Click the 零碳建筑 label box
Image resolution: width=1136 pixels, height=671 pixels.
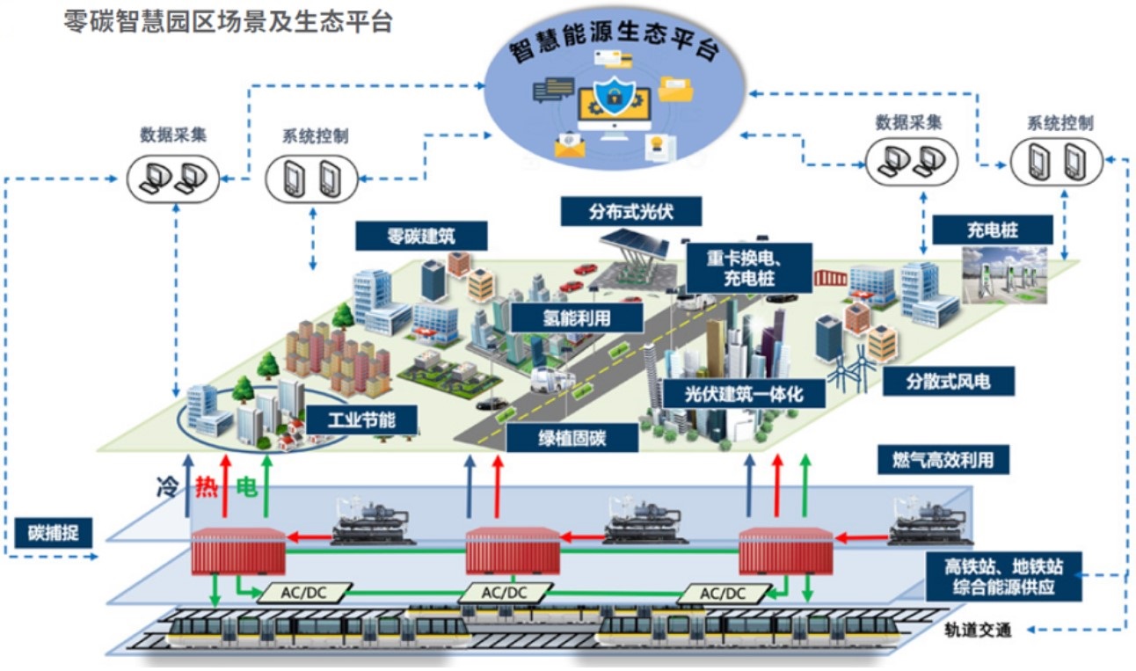(411, 235)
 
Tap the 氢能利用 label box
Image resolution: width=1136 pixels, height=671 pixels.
(576, 317)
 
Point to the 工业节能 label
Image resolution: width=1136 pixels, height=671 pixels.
(361, 419)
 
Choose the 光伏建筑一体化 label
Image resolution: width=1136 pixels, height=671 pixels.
(744, 392)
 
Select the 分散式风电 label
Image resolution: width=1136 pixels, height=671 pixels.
(961, 381)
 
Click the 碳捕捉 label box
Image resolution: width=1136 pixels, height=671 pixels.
(54, 532)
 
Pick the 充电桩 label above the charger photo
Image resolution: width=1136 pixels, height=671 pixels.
(992, 230)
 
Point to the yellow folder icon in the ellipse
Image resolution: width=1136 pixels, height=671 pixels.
(675, 90)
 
